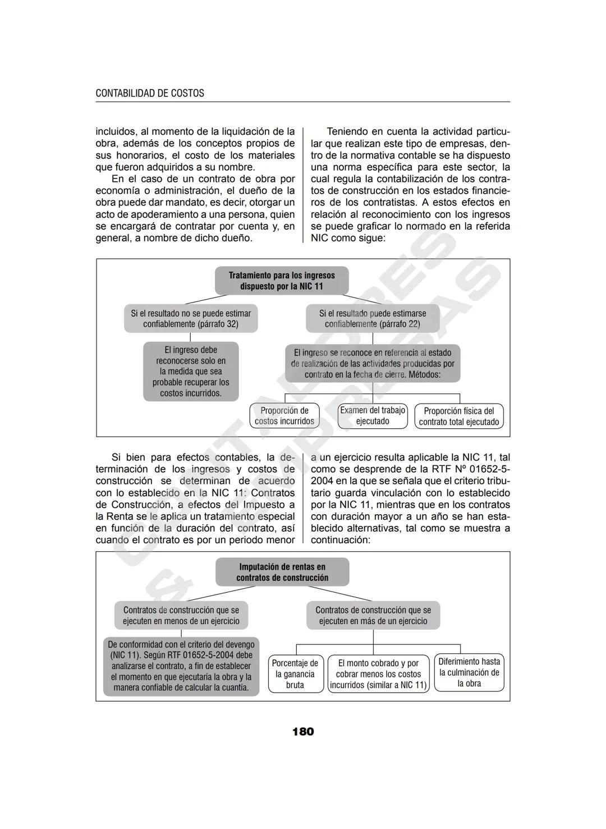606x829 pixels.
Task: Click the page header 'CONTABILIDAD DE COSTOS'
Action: pyautogui.click(x=150, y=93)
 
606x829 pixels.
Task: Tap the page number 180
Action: pyautogui.click(x=303, y=731)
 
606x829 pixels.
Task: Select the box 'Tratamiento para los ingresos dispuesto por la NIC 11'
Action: pyautogui.click(x=282, y=281)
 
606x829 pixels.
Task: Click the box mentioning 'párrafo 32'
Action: pyautogui.click(x=191, y=318)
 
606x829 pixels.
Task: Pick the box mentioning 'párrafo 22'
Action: pyautogui.click(x=373, y=318)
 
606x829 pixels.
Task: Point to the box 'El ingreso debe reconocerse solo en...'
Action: pyautogui.click(x=191, y=372)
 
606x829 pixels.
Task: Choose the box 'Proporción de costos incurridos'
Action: pyautogui.click(x=284, y=416)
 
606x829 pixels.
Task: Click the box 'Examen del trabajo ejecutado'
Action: pyautogui.click(x=373, y=416)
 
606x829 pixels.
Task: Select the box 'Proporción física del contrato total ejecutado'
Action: pyautogui.click(x=459, y=416)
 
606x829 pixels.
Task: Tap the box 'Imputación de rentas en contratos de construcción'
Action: pyautogui.click(x=282, y=572)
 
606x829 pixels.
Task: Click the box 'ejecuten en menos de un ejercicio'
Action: pyautogui.click(x=181, y=615)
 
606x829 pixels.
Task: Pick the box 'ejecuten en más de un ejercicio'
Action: pyautogui.click(x=373, y=615)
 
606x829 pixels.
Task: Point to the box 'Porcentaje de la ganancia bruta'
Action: pyautogui.click(x=295, y=674)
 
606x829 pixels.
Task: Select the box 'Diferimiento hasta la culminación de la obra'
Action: pyautogui.click(x=469, y=672)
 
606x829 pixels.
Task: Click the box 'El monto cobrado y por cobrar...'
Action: pyautogui.click(x=379, y=674)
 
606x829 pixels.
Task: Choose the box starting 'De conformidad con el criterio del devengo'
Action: pyautogui.click(x=181, y=666)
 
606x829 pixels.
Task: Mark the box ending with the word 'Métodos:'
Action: pyautogui.click(x=373, y=363)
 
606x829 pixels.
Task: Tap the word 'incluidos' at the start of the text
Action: pyautogui.click(x=116, y=132)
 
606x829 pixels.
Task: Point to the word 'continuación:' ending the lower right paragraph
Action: pyautogui.click(x=341, y=540)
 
